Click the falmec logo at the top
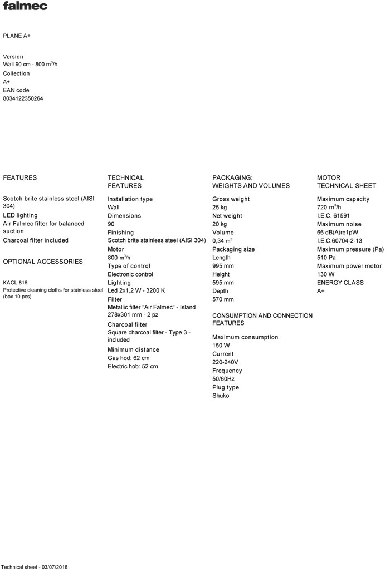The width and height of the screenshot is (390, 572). coord(25,6)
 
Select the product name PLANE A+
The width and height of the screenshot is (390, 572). coord(17,36)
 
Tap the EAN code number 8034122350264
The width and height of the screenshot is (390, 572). coord(23,98)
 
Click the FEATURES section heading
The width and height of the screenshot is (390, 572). coord(20,178)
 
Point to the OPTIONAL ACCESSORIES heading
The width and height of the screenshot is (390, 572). coord(43,262)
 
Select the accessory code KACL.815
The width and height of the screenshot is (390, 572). coord(15,283)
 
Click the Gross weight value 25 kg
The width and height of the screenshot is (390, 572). coord(220,208)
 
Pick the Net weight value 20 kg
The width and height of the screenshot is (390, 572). coord(220,224)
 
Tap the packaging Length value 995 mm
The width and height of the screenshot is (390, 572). coord(223,266)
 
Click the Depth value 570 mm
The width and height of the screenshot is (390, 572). coord(223,299)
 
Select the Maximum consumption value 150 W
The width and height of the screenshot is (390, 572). coord(222,346)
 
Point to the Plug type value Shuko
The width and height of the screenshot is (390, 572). coord(221,396)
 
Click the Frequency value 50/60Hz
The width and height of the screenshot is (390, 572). coord(223,379)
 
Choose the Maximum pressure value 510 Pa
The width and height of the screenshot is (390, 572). coord(326,258)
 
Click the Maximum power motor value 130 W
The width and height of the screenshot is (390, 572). coord(326,274)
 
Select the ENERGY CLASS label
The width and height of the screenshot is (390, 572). coord(340,283)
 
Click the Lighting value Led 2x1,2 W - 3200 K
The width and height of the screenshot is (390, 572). coord(136,291)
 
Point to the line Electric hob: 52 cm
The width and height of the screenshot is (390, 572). coord(133,367)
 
